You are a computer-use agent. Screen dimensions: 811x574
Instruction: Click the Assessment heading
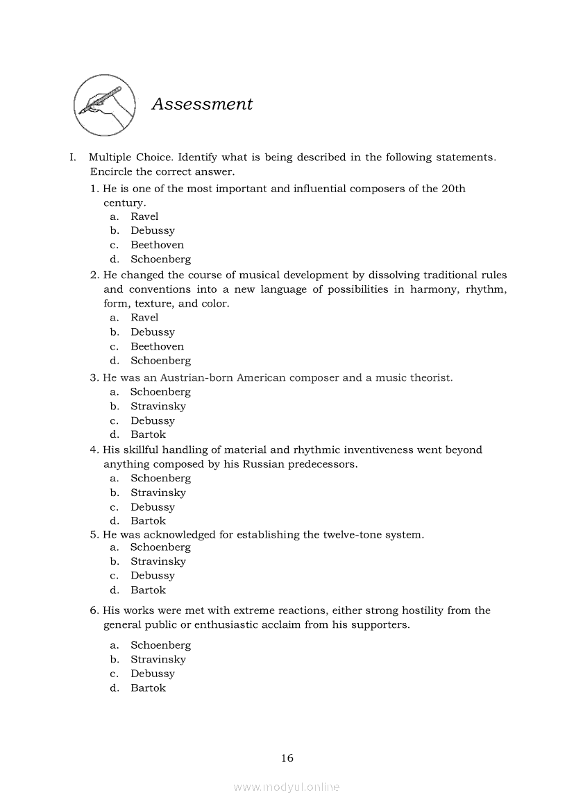pos(202,104)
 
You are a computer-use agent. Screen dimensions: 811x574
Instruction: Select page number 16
pos(287,758)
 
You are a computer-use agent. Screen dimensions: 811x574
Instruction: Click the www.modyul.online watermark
pos(287,787)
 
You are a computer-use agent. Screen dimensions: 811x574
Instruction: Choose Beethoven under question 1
pos(157,245)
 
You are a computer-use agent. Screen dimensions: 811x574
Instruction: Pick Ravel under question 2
pos(144,317)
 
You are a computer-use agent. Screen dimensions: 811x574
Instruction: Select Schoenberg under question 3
pos(160,392)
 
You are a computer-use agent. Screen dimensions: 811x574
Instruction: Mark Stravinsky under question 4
pos(158,493)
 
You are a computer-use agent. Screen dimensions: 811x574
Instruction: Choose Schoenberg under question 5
pos(160,547)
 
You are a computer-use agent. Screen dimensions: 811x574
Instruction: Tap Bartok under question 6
pos(148,688)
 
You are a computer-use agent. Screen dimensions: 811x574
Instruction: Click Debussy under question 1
pos(153,230)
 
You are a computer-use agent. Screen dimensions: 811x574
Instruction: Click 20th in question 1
pos(453,189)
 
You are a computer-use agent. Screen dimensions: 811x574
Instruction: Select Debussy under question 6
pos(153,674)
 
